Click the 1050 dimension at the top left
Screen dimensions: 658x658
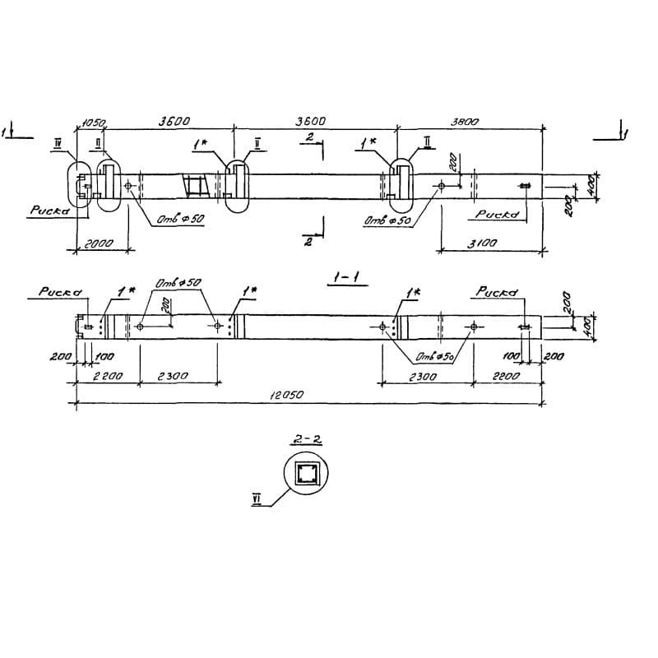pos(92,123)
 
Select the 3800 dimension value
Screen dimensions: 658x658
pos(466,120)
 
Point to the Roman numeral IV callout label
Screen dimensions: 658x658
pos(58,143)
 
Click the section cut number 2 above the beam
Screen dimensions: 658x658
pos(308,138)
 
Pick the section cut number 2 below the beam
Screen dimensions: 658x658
pos(308,243)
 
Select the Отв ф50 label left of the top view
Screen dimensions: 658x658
pos(179,220)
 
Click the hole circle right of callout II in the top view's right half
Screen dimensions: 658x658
pos(443,187)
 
